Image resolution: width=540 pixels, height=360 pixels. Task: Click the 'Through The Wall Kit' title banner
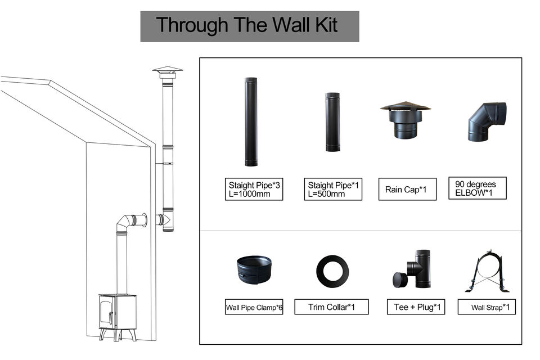250,26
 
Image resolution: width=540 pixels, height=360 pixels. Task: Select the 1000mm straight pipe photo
251,122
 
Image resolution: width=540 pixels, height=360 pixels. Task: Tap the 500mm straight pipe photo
332,122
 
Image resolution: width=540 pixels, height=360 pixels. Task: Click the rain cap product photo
406,120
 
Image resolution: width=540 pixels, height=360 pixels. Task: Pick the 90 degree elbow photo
486,121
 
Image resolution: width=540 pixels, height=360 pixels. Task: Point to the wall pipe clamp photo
254,270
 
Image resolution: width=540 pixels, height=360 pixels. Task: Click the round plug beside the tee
399,280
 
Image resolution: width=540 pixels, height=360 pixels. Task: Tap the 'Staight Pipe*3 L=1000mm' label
254,189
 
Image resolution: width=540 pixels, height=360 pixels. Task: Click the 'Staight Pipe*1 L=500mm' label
333,189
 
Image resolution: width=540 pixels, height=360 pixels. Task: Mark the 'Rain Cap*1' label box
407,189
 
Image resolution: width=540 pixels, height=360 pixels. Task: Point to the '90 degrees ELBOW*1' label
478,188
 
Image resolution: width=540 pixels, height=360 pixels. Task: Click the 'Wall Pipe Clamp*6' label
254,307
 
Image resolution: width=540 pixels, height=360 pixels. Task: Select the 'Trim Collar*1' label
331,307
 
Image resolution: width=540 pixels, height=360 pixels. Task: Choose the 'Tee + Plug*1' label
416,307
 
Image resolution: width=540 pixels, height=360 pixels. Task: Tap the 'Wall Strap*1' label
487,307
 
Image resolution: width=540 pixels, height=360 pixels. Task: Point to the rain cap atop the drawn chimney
168,72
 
